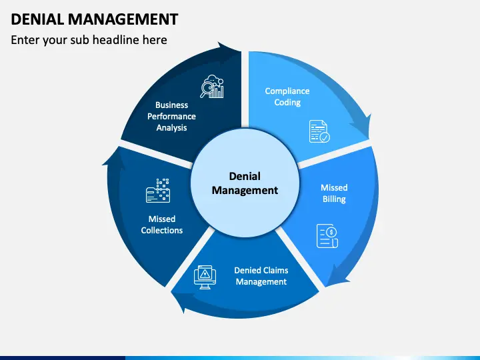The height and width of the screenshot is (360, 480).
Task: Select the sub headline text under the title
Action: tap(89, 40)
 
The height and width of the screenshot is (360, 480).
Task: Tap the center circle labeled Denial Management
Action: tap(245, 183)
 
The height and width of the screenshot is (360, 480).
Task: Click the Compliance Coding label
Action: tap(287, 97)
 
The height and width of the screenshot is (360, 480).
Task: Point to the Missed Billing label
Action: tap(334, 193)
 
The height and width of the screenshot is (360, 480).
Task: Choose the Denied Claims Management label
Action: tap(261, 276)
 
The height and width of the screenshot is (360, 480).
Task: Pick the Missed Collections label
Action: tap(161, 224)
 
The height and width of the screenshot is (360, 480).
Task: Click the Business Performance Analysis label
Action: tap(172, 116)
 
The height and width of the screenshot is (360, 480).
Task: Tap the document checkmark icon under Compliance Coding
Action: tap(319, 131)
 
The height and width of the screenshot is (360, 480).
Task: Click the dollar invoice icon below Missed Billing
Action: tap(327, 236)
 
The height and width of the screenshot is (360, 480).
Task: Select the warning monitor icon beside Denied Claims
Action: tap(204, 276)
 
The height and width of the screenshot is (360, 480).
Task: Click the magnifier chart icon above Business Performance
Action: tap(213, 87)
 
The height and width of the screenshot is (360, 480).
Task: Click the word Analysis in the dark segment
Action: tap(172, 127)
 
